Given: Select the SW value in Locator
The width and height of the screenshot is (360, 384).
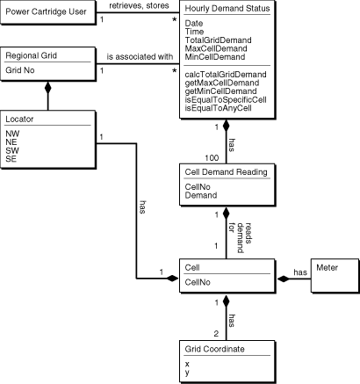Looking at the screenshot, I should click(12, 150).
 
